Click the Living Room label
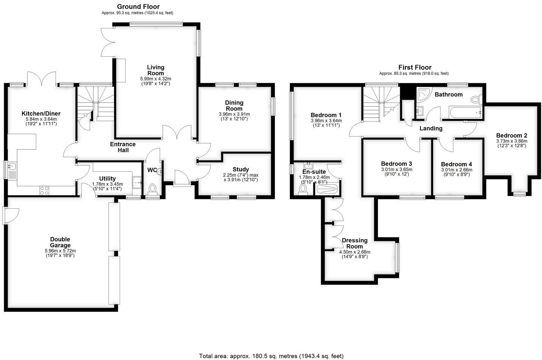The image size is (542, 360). point(156,70)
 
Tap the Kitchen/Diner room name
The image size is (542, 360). point(41,113)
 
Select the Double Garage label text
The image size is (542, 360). point(60,242)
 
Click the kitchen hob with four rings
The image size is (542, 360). point(44,191)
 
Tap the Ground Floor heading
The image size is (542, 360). point(138,6)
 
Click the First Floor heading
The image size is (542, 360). point(415,67)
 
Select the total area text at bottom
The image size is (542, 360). point(271,356)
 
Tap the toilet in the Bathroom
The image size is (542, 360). point(476,100)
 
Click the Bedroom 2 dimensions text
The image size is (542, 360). point(511,143)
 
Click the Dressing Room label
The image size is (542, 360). point(355,243)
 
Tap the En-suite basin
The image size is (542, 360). point(309,165)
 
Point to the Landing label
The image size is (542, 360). point(431,128)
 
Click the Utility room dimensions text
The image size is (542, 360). point(107,186)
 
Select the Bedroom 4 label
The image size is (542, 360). point(456,164)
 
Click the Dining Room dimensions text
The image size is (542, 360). point(234,116)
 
